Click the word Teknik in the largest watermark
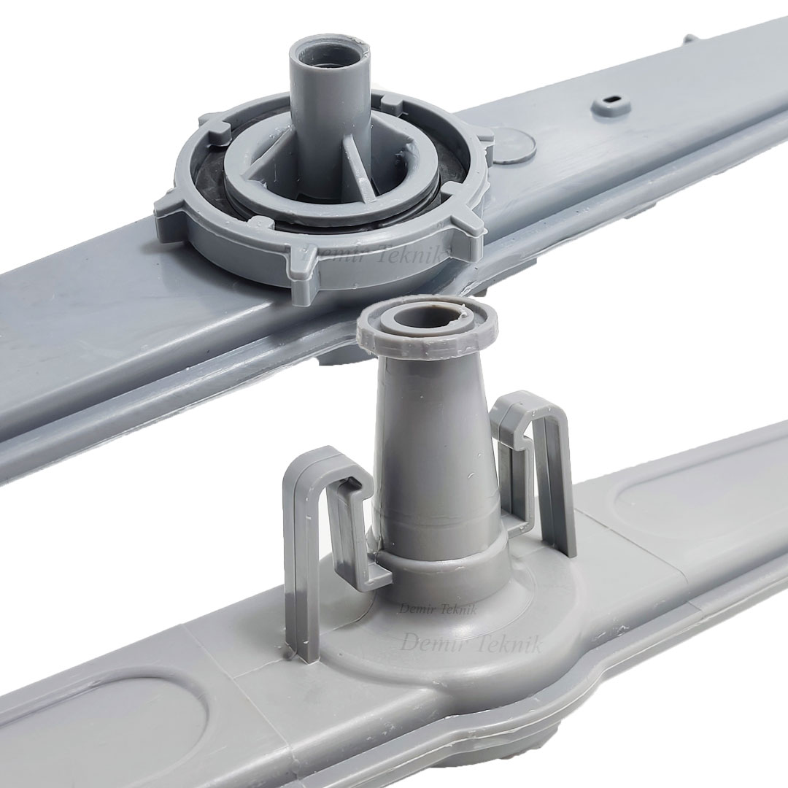[510, 644]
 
